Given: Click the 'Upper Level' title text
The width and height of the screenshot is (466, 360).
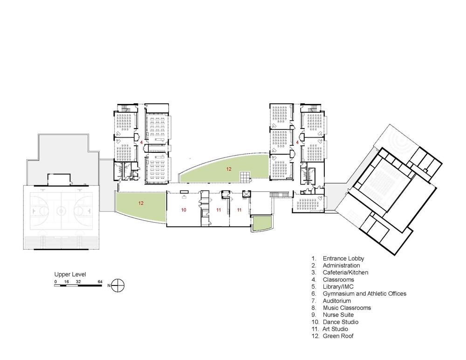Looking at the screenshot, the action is (70, 274).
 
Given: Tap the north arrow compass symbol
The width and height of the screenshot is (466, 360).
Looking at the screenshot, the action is (118, 285).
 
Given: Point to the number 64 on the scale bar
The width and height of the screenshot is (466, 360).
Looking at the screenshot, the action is (100, 282).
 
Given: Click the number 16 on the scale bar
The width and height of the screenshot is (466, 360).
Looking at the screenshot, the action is (66, 282).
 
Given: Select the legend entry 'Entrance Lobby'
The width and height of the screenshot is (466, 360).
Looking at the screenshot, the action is (343, 258).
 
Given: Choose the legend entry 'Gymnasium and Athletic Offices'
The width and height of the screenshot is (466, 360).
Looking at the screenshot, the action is (364, 293).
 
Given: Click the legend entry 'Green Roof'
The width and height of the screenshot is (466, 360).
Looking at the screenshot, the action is (338, 336).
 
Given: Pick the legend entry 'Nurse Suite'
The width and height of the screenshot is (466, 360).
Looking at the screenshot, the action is (338, 314).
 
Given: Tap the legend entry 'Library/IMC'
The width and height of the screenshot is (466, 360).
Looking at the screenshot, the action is (338, 286).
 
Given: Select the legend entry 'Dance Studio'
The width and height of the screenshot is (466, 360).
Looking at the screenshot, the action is (341, 322).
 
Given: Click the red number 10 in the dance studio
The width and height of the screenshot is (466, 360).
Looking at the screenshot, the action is (184, 210).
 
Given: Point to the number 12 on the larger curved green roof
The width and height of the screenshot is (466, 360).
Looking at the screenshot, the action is (228, 169).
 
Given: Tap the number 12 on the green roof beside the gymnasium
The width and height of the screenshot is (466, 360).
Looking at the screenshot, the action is (141, 203).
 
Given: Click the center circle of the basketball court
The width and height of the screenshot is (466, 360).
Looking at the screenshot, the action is (61, 211).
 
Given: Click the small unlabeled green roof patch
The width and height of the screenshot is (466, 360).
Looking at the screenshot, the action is (262, 224).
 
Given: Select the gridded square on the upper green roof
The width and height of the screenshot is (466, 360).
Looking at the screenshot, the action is (246, 177).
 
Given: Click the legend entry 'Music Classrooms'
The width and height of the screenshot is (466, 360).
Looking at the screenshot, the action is (347, 308).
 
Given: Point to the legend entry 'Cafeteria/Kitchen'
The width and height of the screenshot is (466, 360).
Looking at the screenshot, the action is (345, 272).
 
